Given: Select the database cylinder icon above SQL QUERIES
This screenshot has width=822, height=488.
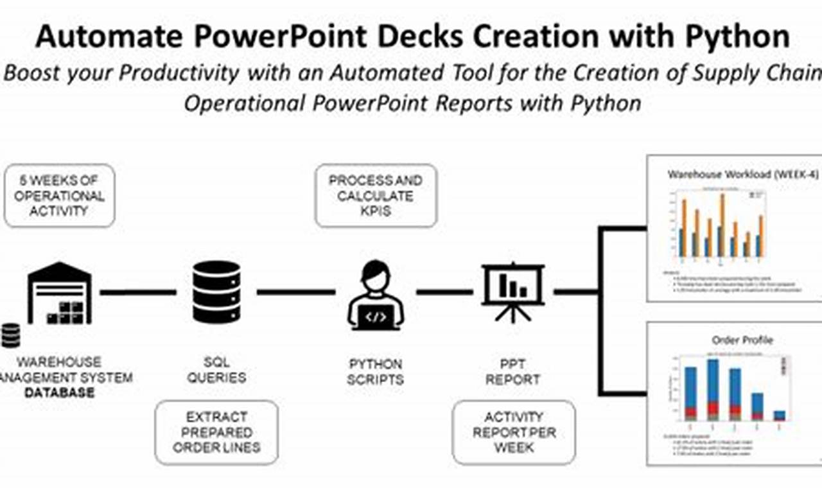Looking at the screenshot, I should click(216, 292).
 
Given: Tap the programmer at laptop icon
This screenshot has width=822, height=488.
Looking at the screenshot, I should click(376, 295).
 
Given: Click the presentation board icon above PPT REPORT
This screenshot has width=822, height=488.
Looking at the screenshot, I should click(513, 291).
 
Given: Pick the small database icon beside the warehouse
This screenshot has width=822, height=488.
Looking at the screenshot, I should click(10, 335).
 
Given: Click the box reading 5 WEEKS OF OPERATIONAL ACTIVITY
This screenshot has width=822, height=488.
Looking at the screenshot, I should click(59, 196).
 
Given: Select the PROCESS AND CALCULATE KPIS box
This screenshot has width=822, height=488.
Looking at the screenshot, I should click(376, 196).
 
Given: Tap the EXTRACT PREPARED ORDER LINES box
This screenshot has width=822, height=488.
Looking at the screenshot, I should click(216, 432).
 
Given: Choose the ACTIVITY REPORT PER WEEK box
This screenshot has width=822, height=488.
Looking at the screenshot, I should click(513, 432).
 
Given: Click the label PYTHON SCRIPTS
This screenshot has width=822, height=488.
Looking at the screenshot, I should click(376, 372).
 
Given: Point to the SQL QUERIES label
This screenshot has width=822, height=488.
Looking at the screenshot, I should click(216, 370).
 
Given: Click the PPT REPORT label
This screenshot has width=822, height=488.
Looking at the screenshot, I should click(513, 372).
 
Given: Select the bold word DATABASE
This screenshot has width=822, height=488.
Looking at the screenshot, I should click(59, 392).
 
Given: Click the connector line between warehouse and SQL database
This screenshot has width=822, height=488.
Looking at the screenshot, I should click(137, 292).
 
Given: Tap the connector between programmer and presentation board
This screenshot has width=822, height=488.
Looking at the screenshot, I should click(444, 292).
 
